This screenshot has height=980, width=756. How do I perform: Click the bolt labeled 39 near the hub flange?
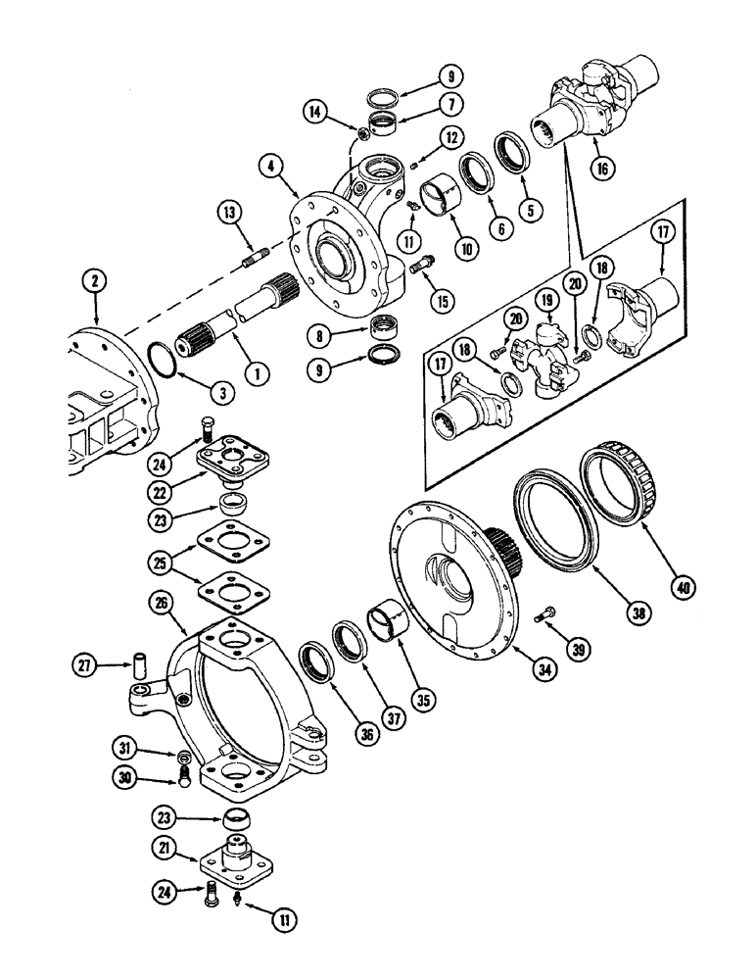coord(545,615)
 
